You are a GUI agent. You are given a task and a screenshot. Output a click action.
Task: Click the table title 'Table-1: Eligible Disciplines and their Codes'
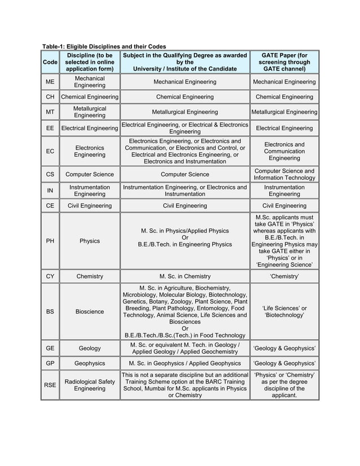click(104, 46)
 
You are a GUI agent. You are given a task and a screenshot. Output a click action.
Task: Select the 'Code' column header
click(50, 62)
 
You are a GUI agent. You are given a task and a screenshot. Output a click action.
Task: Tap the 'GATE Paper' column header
click(284, 61)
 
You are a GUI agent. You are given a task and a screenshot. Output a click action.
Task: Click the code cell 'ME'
click(50, 82)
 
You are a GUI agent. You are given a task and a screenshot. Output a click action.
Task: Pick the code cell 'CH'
click(50, 97)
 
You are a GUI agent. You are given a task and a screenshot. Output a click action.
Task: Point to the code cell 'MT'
click(50, 112)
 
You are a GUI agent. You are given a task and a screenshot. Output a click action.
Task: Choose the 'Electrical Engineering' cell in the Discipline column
click(90, 128)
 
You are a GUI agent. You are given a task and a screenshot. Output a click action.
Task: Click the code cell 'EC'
click(50, 151)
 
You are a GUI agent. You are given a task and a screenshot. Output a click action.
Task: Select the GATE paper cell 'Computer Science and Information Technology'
click(284, 174)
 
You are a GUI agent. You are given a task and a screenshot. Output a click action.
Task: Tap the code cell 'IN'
click(50, 191)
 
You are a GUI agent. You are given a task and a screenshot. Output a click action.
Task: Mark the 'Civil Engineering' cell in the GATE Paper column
click(284, 206)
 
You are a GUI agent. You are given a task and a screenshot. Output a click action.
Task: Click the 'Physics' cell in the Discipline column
click(90, 241)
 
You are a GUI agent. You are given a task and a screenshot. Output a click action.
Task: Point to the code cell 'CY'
click(50, 276)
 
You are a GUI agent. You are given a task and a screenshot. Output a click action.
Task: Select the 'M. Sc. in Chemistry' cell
click(185, 276)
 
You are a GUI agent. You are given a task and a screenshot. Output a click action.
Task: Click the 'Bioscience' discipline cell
click(90, 311)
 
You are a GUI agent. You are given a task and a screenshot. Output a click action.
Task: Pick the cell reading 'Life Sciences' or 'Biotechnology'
click(284, 311)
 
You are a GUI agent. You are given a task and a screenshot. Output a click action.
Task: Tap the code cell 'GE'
click(50, 349)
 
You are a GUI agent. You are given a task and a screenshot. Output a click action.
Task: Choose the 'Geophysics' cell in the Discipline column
click(90, 363)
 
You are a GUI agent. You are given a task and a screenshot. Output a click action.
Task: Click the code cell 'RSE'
click(50, 385)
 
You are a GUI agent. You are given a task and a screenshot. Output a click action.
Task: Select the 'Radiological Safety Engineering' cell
click(90, 385)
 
